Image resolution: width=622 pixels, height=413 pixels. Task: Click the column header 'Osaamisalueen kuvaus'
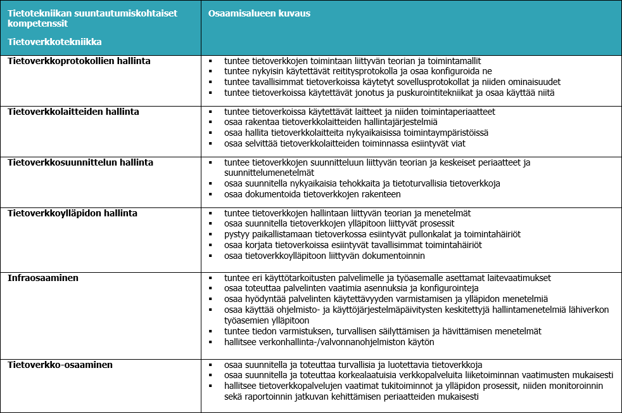[259, 13]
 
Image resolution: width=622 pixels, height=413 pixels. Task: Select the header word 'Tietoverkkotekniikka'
[55, 42]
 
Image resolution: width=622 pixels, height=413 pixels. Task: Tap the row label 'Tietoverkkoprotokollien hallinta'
[79, 61]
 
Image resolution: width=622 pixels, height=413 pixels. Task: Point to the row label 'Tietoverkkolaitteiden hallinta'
[73, 112]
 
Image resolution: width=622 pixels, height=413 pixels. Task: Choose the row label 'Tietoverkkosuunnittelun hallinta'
[80, 162]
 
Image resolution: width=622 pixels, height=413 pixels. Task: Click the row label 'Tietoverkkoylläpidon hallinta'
[72, 213]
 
